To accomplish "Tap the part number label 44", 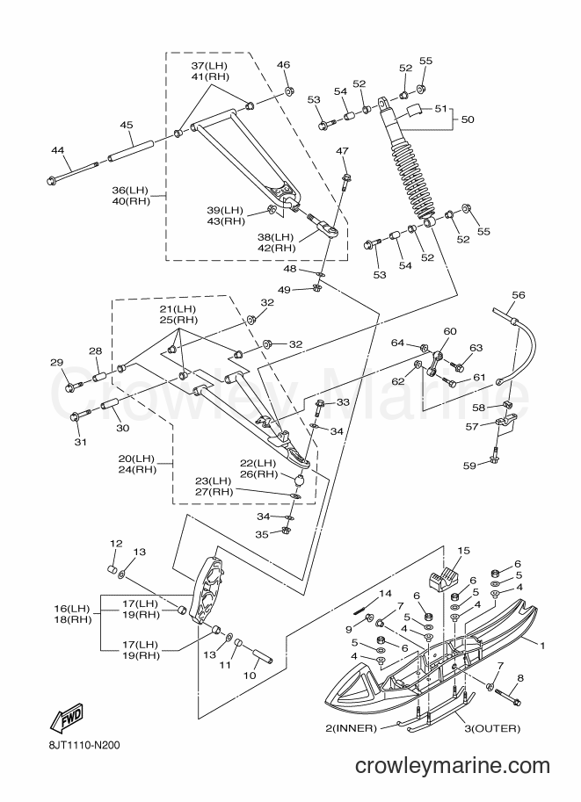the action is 58,150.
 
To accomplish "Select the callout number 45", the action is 127,125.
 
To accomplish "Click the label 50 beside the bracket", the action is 468,119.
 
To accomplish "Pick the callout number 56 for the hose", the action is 518,295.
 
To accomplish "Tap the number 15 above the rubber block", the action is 463,551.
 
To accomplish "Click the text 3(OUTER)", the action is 492,728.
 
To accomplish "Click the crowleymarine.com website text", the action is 453,780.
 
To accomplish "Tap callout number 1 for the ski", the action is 541,646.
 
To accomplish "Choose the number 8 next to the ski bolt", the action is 520,678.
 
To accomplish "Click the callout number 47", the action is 343,151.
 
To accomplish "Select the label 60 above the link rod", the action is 449,331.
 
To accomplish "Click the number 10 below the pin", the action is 250,676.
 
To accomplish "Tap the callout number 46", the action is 283,64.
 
